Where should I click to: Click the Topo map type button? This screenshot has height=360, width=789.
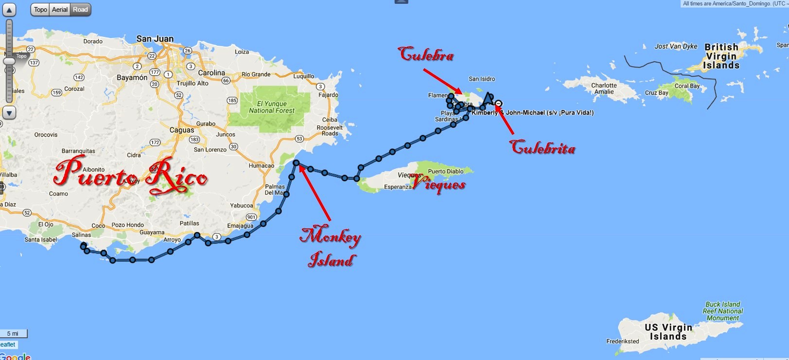click(x=40, y=10)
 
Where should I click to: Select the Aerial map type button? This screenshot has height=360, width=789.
click(x=60, y=10)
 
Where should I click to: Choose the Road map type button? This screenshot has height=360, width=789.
click(x=80, y=10)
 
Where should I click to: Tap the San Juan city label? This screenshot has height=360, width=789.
click(x=155, y=39)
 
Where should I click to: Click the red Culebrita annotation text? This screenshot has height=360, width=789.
click(x=543, y=147)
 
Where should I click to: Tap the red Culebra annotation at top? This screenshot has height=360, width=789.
click(x=426, y=54)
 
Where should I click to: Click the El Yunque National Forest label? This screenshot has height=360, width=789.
click(x=272, y=107)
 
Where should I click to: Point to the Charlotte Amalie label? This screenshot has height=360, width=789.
click(x=604, y=88)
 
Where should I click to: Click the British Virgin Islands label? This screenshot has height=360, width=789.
click(x=721, y=56)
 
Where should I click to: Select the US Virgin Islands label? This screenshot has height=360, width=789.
click(x=668, y=332)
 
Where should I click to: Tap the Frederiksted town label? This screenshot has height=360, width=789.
click(x=623, y=341)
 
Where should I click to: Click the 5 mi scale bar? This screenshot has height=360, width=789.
click(x=13, y=334)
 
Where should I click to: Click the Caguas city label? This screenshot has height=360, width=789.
click(x=182, y=130)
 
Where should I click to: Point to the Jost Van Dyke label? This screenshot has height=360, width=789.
click(x=676, y=47)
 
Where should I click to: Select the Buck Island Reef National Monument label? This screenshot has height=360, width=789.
click(x=723, y=311)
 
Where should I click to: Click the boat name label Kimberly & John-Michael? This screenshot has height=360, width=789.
click(x=532, y=113)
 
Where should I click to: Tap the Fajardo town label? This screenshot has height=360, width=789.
click(x=328, y=95)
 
